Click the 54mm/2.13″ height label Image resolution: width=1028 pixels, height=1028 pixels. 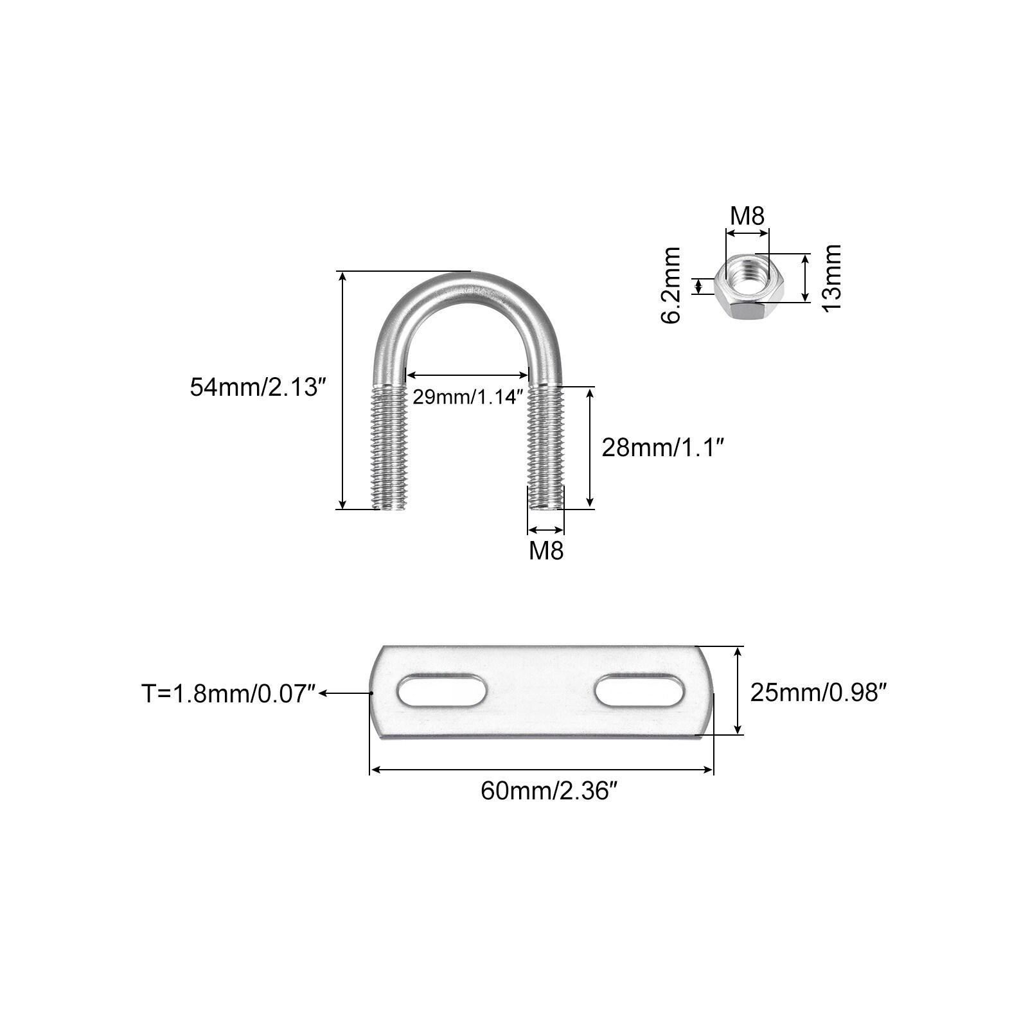(x=254, y=387)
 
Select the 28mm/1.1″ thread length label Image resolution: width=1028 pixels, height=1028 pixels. (x=663, y=447)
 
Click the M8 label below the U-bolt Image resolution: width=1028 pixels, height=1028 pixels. (x=546, y=551)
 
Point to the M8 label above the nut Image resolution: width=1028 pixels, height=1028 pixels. (x=747, y=217)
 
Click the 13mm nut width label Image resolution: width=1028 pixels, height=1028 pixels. (x=832, y=277)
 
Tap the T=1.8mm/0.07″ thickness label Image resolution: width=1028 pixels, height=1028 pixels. (x=229, y=694)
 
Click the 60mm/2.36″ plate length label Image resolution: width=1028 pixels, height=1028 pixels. (x=545, y=792)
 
